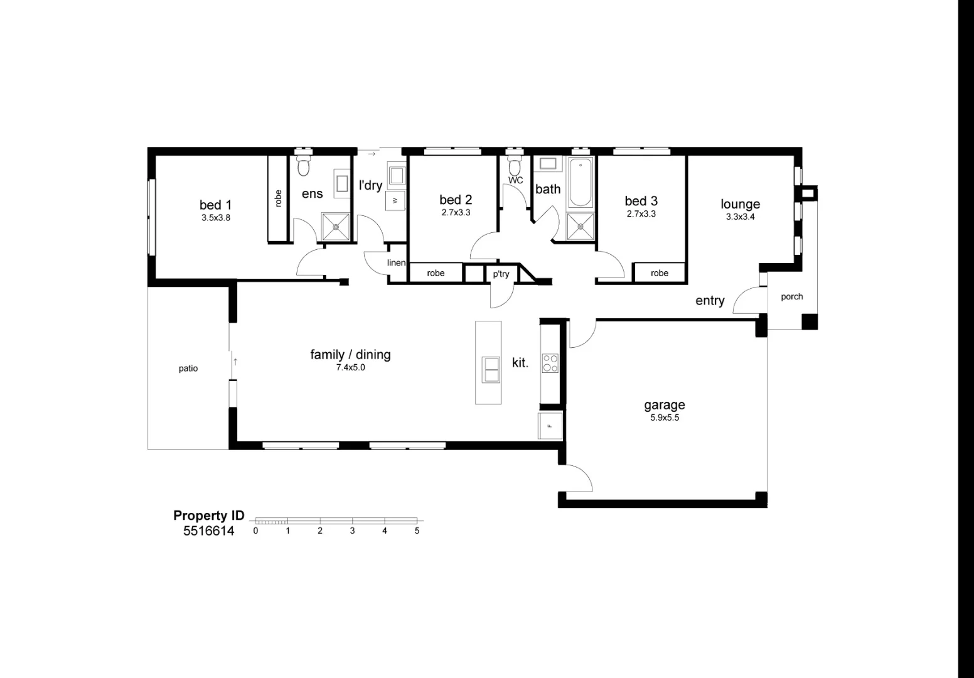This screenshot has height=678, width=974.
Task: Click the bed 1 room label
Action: (215, 205)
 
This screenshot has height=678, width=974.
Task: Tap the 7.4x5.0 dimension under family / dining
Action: (350, 367)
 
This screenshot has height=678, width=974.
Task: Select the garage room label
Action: (665, 406)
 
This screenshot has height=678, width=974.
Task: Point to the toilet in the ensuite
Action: (303, 162)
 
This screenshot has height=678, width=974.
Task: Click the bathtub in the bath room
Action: (581, 182)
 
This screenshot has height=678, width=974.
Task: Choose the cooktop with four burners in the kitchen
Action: (550, 363)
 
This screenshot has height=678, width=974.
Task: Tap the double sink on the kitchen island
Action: (491, 369)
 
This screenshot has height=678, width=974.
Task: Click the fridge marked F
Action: (550, 426)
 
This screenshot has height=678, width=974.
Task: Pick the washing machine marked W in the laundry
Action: (395, 200)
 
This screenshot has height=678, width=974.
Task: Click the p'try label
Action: (501, 274)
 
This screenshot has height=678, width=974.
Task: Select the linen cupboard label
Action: (396, 262)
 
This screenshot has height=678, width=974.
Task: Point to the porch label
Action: (792, 297)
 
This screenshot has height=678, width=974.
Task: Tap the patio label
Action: (188, 369)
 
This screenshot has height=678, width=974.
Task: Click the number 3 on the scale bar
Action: (352, 530)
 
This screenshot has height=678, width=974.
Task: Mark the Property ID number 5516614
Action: (209, 531)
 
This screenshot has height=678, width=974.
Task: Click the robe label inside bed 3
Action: (659, 273)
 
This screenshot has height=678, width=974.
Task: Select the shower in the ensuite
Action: (336, 227)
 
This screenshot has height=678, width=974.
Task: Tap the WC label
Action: (516, 180)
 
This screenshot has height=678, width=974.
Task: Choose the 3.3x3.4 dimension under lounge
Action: (740, 217)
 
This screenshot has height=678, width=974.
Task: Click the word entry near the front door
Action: (710, 301)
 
